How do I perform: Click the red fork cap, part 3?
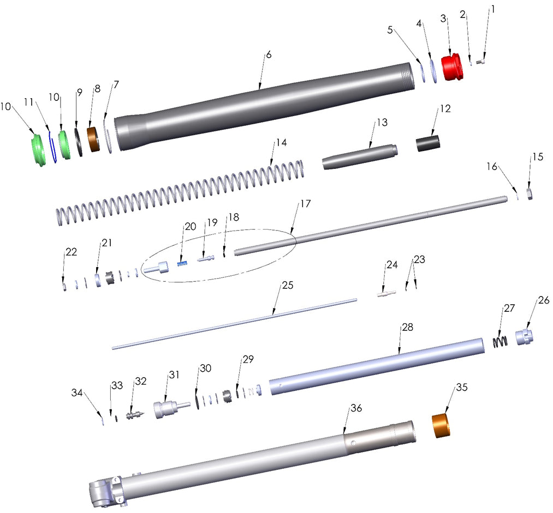click(452, 68)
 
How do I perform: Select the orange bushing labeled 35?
click(444, 426)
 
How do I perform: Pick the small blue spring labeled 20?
click(183, 264)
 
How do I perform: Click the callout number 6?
click(268, 55)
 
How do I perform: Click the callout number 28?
click(407, 328)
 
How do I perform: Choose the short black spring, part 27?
click(501, 342)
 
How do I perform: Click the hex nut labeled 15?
click(529, 194)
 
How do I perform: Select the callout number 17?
click(305, 204)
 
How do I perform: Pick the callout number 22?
click(71, 252)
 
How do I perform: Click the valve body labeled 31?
click(166, 409)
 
